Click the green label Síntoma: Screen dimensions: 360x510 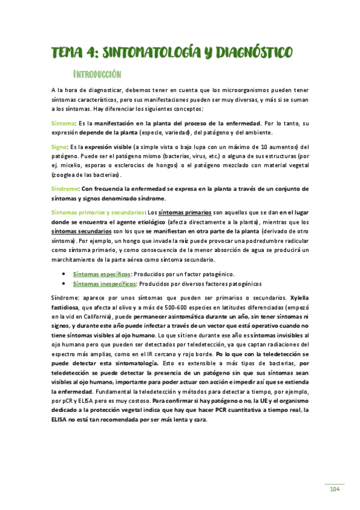(63, 122)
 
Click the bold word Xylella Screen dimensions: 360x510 (299, 298)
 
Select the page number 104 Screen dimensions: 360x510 (335, 489)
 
